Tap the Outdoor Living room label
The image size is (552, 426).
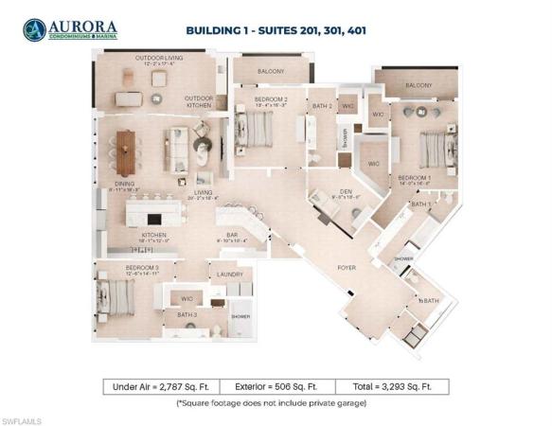pos(159,59)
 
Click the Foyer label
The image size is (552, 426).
pos(347,268)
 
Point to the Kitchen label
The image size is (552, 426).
pos(154,236)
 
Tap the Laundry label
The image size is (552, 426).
pos(230,275)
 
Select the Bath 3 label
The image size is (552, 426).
pos(187,314)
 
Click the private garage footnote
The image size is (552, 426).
pos(276,403)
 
